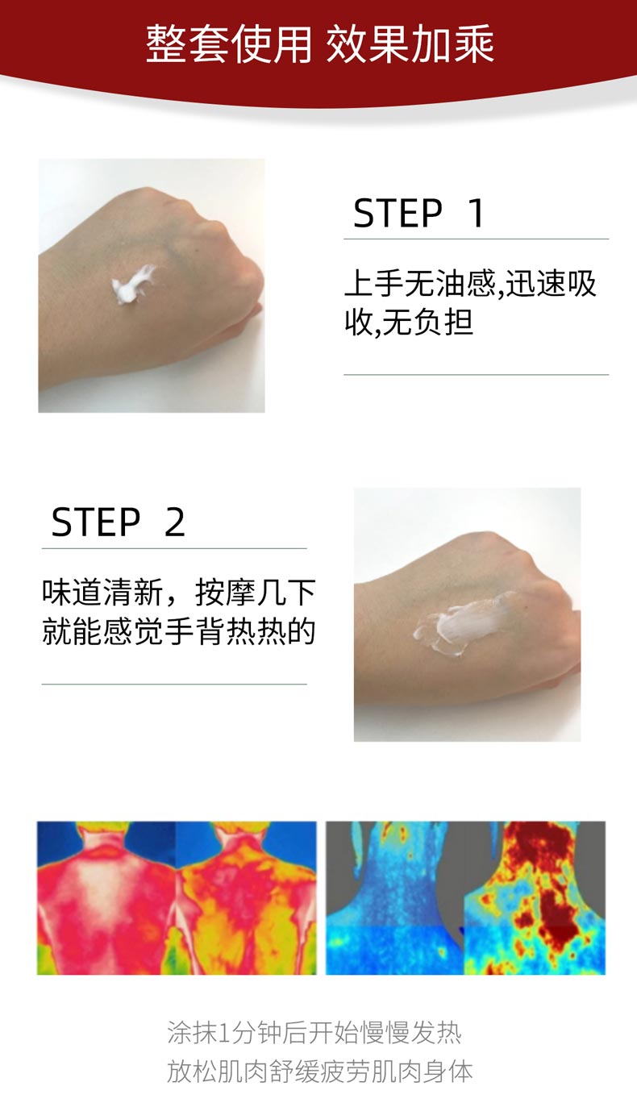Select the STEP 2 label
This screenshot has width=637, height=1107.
pos(118,522)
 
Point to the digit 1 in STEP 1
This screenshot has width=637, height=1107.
pos(477,214)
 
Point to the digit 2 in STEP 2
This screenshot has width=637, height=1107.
pos(175,522)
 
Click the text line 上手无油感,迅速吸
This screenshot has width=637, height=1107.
pos(470,284)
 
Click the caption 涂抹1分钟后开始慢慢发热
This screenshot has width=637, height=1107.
pos(314,1033)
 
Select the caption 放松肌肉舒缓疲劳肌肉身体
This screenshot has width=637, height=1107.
pos(319,1072)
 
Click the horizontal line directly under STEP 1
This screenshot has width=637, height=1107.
pos(476,239)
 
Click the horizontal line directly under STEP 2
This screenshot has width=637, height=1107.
pos(174,548)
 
